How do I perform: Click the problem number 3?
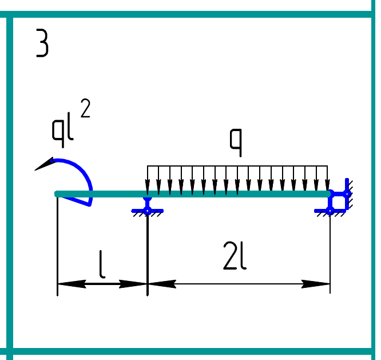pos(42,44)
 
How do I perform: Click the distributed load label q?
pos(236,142)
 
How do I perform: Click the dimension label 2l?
pos(235,259)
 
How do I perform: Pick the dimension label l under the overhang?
pos(102,265)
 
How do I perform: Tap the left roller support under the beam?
pos(148,207)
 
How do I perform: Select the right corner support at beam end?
pos(338,200)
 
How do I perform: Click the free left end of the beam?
pos(57,194)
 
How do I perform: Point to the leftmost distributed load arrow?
pos(148,180)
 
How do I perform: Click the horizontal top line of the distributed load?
pos(237,166)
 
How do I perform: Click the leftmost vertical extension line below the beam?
pos(58,246)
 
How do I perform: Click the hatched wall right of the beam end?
pos(350,195)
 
